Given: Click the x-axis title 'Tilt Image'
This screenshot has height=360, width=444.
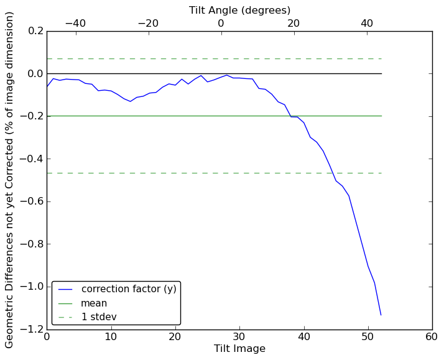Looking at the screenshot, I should click(x=239, y=349).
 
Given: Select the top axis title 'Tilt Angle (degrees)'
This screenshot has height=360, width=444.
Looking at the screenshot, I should click(x=239, y=10).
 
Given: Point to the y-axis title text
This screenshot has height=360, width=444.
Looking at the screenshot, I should click(x=10, y=180).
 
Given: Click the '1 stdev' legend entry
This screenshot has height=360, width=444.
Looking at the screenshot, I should click(x=99, y=317).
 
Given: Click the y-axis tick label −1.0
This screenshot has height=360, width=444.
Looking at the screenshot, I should click(x=29, y=287).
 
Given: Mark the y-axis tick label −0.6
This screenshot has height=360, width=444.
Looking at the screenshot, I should click(x=29, y=201).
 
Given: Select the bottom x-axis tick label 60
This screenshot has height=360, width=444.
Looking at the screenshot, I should click(x=432, y=336).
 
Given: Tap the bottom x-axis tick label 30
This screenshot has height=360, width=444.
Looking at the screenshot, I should click(x=239, y=336).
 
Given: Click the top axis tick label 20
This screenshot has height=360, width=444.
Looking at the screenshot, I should click(x=294, y=23).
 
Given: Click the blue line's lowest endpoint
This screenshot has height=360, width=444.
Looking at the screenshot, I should click(x=381, y=315).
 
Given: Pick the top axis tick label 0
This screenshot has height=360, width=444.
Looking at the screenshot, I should click(x=221, y=23).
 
